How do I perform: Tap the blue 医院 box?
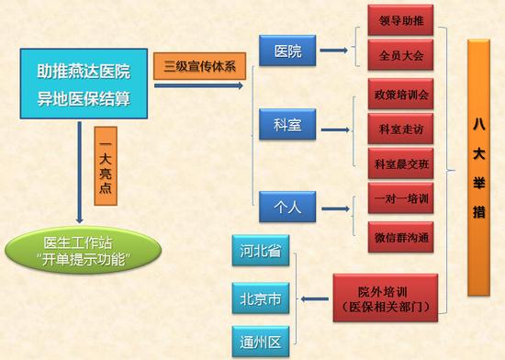pyautogui.click(x=287, y=51)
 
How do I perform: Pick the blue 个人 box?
pyautogui.click(x=287, y=206)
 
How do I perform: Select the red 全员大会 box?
pyautogui.click(x=399, y=54)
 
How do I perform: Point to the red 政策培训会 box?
pyautogui.click(x=399, y=95)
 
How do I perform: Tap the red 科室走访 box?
pyautogui.click(x=399, y=129)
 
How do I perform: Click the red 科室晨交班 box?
pyautogui.click(x=399, y=163)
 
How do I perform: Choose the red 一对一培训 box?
pyautogui.click(x=399, y=198)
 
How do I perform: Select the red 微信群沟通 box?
pyautogui.click(x=399, y=235)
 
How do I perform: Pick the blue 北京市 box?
pyautogui.click(x=261, y=298)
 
